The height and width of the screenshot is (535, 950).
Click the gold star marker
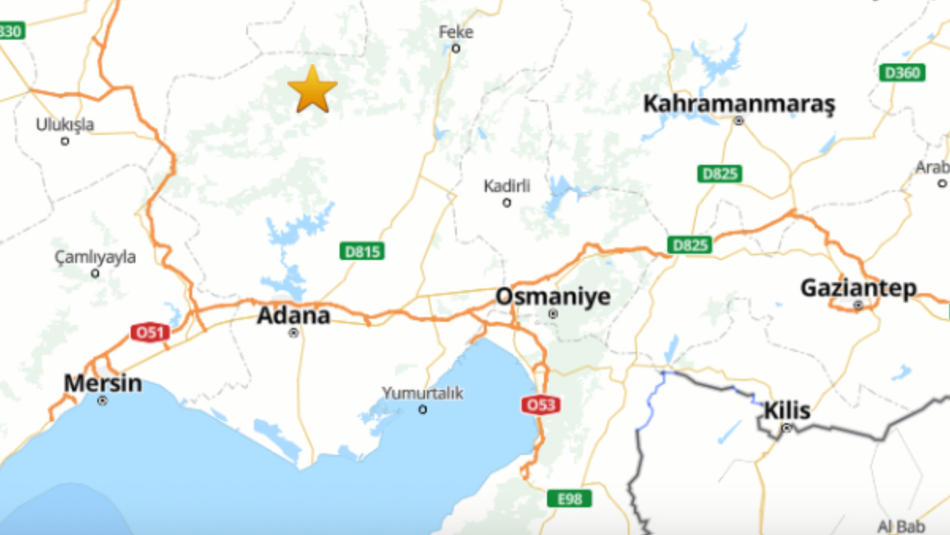pos(313,90)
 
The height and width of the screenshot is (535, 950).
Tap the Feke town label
pos(456,32)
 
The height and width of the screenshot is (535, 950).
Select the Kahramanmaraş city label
pos(739,104)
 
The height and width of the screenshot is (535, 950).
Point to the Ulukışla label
pos(65,124)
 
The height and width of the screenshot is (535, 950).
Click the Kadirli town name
pos(507,186)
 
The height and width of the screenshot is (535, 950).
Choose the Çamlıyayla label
pos(95,257)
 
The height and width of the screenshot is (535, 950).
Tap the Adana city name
pos(293,315)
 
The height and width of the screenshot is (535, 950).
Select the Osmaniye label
pos(553,297)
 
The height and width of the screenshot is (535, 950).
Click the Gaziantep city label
pos(858,288)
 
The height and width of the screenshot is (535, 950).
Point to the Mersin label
pos(103,384)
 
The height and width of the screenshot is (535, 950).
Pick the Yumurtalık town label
pos(422,393)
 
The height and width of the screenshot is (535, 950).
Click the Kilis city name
pos(787,411)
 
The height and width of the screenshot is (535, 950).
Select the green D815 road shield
pos(363,252)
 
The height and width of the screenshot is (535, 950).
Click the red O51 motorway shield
pos(150,333)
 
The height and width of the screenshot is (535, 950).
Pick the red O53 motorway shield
pos(541,405)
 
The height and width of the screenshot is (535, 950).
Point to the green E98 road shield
pos(569,499)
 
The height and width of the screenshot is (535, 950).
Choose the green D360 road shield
pos(902,73)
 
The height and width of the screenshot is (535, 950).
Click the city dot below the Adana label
pos(294,334)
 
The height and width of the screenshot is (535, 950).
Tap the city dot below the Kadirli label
pos(507,203)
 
